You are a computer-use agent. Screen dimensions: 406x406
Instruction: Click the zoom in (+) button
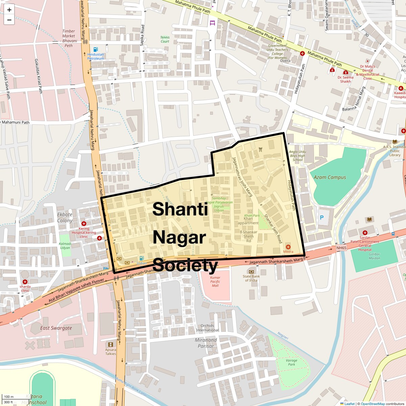point(9,10)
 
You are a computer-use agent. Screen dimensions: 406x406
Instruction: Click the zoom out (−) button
point(9,20)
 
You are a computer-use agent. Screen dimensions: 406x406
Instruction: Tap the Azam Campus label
point(330,177)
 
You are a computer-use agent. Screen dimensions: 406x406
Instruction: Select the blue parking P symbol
point(322,218)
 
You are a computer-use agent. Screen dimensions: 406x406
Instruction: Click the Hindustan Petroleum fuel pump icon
point(95,49)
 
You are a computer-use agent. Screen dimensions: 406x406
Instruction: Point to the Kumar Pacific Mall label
point(215,281)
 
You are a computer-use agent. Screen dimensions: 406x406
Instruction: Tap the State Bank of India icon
point(251,272)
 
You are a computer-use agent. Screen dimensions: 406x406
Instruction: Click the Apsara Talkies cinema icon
point(111,345)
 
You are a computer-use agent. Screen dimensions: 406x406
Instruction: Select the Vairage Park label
point(291,362)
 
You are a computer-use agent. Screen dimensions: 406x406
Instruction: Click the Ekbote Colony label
point(65,217)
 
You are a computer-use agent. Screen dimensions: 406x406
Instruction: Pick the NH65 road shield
point(341,248)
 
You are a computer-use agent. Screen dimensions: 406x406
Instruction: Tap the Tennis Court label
point(165,39)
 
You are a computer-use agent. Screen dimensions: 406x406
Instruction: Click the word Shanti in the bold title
point(180,209)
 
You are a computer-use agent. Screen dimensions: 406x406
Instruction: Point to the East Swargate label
point(56,328)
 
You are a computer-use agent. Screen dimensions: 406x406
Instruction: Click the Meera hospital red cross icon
point(288,247)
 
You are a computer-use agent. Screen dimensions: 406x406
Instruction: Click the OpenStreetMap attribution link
point(373,404)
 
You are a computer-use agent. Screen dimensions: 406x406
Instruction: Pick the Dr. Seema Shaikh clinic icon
point(345,72)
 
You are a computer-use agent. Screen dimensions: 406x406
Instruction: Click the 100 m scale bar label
point(9,397)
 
